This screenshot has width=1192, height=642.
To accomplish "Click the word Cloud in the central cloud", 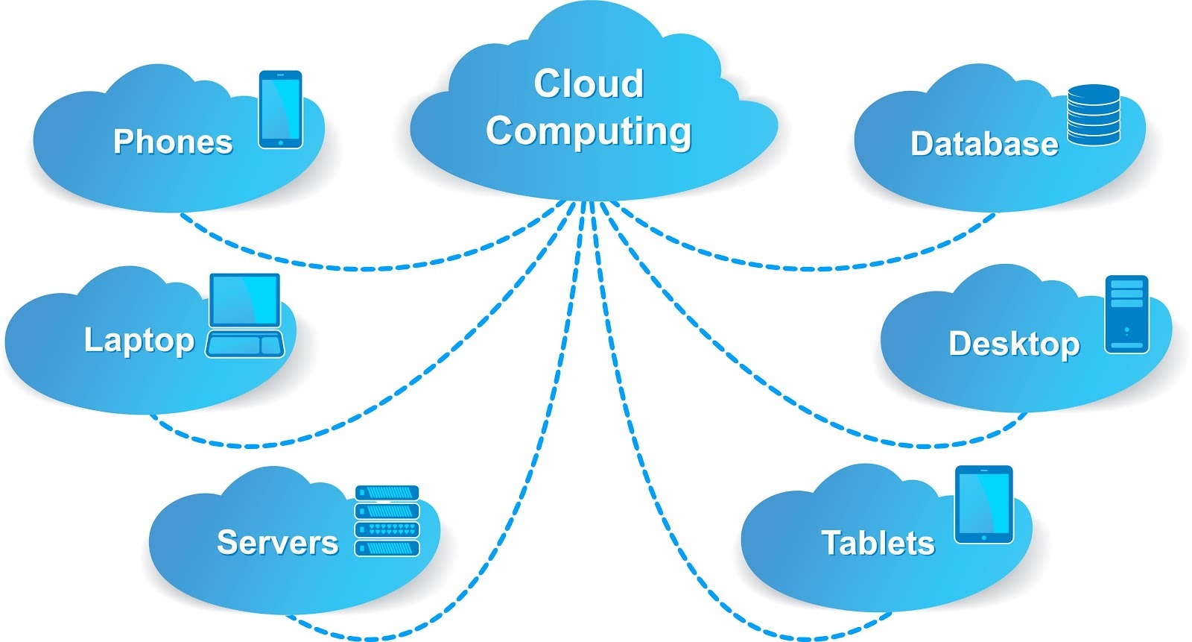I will coord(589,84).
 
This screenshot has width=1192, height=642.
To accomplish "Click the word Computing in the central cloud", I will coord(589,131).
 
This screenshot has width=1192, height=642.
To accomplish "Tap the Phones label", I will coord(173,142).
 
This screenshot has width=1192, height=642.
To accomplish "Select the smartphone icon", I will coord(280,109).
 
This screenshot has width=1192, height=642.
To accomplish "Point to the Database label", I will coord(984,144).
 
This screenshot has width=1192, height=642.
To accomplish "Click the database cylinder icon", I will coord(1093,115).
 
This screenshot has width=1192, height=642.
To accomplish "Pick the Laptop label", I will coord(139,340).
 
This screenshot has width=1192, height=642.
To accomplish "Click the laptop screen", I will coord(245,300).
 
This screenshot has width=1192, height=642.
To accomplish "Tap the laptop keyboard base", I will coord(245,344).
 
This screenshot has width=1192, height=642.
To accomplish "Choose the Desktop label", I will coord(1014,344).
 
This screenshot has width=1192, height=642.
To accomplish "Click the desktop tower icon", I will coord(1126,314).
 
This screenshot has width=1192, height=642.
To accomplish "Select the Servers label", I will coord(277,543).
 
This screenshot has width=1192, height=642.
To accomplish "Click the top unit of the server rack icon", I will coord(387,493).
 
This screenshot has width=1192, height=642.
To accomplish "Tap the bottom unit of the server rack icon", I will coord(387,549).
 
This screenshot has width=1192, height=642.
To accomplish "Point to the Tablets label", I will coord(878,543).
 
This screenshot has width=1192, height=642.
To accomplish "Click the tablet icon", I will coord(983,505).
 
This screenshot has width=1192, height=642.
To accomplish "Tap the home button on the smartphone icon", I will coord(280,142).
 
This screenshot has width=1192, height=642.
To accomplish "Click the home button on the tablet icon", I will coord(983,538).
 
